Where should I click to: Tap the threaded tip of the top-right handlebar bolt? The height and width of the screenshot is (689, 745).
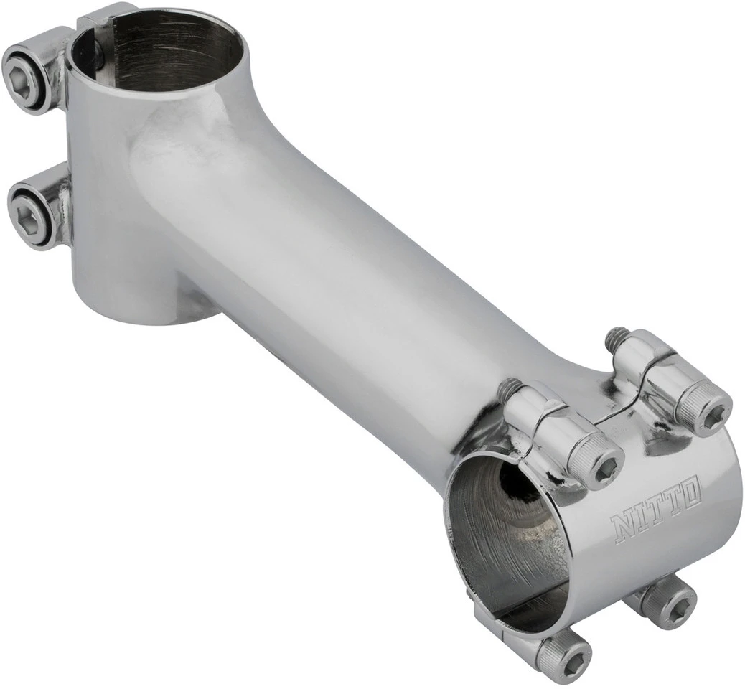coord(616,337)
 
